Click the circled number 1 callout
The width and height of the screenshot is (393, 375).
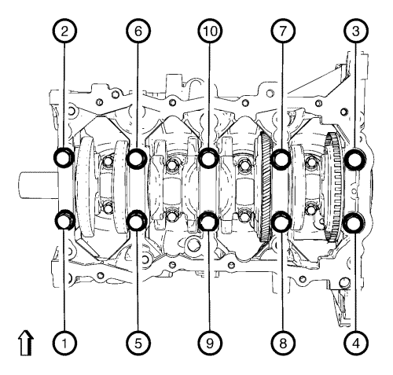coord(64,343)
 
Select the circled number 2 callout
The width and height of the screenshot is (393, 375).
coord(64,31)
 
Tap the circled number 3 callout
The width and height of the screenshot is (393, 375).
coord(356,31)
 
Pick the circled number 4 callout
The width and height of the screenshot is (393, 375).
coord(356,343)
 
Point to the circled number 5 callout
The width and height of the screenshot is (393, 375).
coord(138,343)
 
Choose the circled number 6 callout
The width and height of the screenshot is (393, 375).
coord(138,31)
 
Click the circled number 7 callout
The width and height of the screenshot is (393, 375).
coord(283,31)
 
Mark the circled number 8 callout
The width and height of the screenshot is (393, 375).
coord(283,343)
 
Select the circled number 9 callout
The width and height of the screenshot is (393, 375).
coord(210,343)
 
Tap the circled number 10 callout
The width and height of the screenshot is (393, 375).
coord(210,31)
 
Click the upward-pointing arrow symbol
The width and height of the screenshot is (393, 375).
coord(26,343)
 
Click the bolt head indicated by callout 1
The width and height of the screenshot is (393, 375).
coord(64,220)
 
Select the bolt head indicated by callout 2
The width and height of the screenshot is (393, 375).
coord(64,157)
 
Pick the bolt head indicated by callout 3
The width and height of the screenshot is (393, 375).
coord(355,159)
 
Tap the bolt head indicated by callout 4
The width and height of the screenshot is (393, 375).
coord(355,222)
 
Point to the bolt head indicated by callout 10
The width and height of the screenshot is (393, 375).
coord(209,157)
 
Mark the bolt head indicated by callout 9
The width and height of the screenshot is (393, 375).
coord(209,221)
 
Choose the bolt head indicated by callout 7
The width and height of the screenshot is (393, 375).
coord(281,159)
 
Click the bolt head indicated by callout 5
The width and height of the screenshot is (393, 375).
coord(137,220)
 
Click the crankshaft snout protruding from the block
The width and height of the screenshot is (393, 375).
coord(39,185)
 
